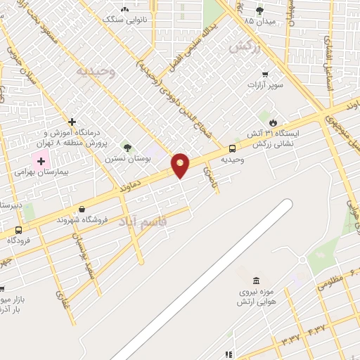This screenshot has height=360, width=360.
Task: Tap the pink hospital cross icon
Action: point(41,161)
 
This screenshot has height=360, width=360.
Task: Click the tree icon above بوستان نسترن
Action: point(127,148)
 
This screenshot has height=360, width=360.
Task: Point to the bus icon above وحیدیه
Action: point(232,148)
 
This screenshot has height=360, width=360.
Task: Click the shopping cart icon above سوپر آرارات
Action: point(264,75)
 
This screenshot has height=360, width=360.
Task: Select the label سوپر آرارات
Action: point(264,84)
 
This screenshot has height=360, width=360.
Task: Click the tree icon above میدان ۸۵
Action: point(259,10)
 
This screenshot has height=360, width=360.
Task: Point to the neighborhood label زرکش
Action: point(244,47)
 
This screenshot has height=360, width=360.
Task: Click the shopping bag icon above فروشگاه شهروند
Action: point(83,209)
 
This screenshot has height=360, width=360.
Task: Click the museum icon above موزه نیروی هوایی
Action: point(256,281)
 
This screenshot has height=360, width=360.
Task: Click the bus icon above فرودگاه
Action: point(18,230)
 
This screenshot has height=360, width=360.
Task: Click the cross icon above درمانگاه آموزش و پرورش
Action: point(72,122)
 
